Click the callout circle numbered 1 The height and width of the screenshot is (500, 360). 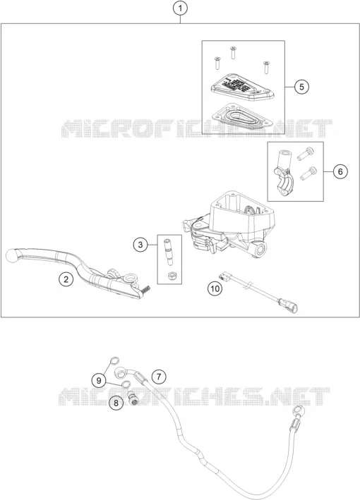(x=180, y=8)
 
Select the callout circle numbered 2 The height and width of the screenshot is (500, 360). (x=66, y=279)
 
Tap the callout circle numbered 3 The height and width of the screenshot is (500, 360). (x=140, y=245)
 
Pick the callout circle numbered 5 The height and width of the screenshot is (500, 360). (x=301, y=87)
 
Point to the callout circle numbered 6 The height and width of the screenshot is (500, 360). (x=340, y=171)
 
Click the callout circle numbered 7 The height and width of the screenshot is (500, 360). (x=159, y=377)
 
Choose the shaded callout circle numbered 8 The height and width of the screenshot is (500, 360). (x=116, y=403)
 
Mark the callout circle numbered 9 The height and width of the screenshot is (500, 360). (x=99, y=380)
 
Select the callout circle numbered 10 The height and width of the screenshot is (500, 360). (x=215, y=288)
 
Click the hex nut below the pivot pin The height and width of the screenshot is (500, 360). (x=172, y=275)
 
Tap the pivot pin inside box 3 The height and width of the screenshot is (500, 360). (x=169, y=252)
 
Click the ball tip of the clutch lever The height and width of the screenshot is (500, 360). (x=12, y=256)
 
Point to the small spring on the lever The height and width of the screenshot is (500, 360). (x=145, y=289)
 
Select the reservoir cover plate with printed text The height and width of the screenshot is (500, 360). (x=243, y=87)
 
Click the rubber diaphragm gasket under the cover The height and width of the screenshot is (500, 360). (x=241, y=116)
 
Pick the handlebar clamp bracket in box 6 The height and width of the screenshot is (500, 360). (x=282, y=172)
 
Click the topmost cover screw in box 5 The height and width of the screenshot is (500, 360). (x=233, y=52)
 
